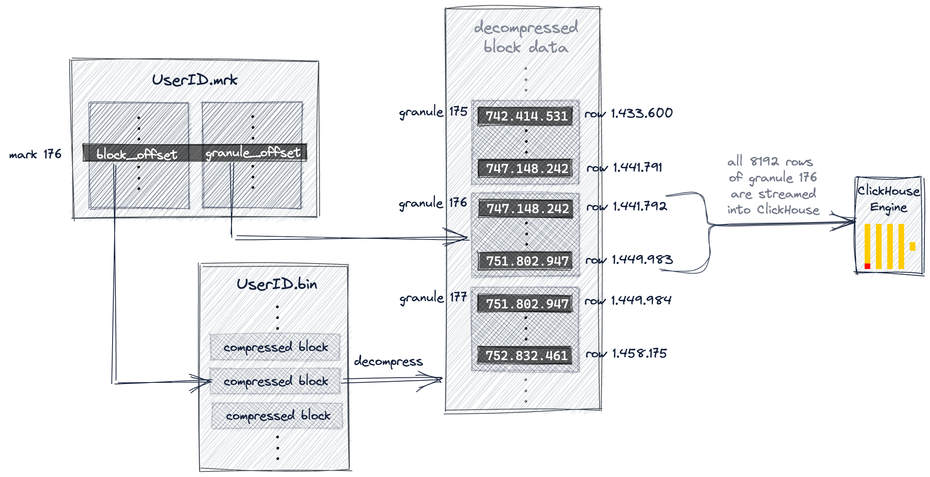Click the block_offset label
tap(137, 154)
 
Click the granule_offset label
tap(253, 153)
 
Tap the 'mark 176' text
tap(35, 155)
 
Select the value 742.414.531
tap(526, 116)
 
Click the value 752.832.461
tap(526, 356)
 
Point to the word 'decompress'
tap(388, 362)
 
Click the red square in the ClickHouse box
tap(867, 266)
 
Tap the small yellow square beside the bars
tap(913, 246)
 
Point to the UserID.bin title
tap(276, 285)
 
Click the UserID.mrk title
tap(195, 80)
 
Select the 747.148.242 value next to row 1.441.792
tap(527, 209)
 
